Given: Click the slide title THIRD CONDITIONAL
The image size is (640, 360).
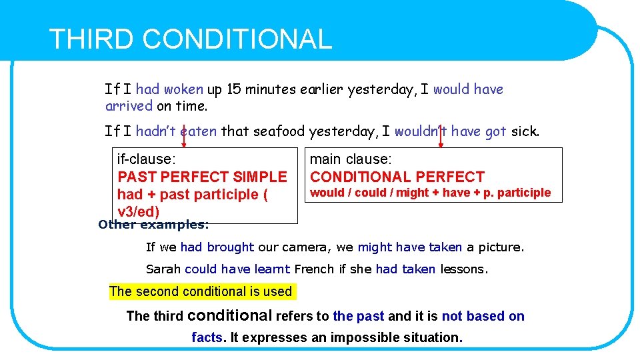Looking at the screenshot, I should click(190, 39).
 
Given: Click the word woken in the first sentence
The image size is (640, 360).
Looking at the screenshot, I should click(183, 89).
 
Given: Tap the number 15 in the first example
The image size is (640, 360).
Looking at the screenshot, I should click(234, 89).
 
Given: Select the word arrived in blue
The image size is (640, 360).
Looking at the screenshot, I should click(129, 106).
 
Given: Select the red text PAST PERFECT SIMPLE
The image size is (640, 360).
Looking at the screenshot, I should click(202, 177).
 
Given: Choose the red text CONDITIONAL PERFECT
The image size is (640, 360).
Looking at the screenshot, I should click(397, 177).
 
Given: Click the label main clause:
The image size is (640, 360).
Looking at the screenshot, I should click(351, 159).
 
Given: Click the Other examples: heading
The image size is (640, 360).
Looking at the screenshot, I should click(153, 225).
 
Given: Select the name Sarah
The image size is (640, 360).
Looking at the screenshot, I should click(163, 270).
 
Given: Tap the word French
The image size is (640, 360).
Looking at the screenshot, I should click(313, 270).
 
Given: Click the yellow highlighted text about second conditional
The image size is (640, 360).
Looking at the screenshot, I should click(201, 291).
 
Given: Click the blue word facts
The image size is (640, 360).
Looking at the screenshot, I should click(207, 337).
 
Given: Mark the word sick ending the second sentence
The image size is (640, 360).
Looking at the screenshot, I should click(524, 131).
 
